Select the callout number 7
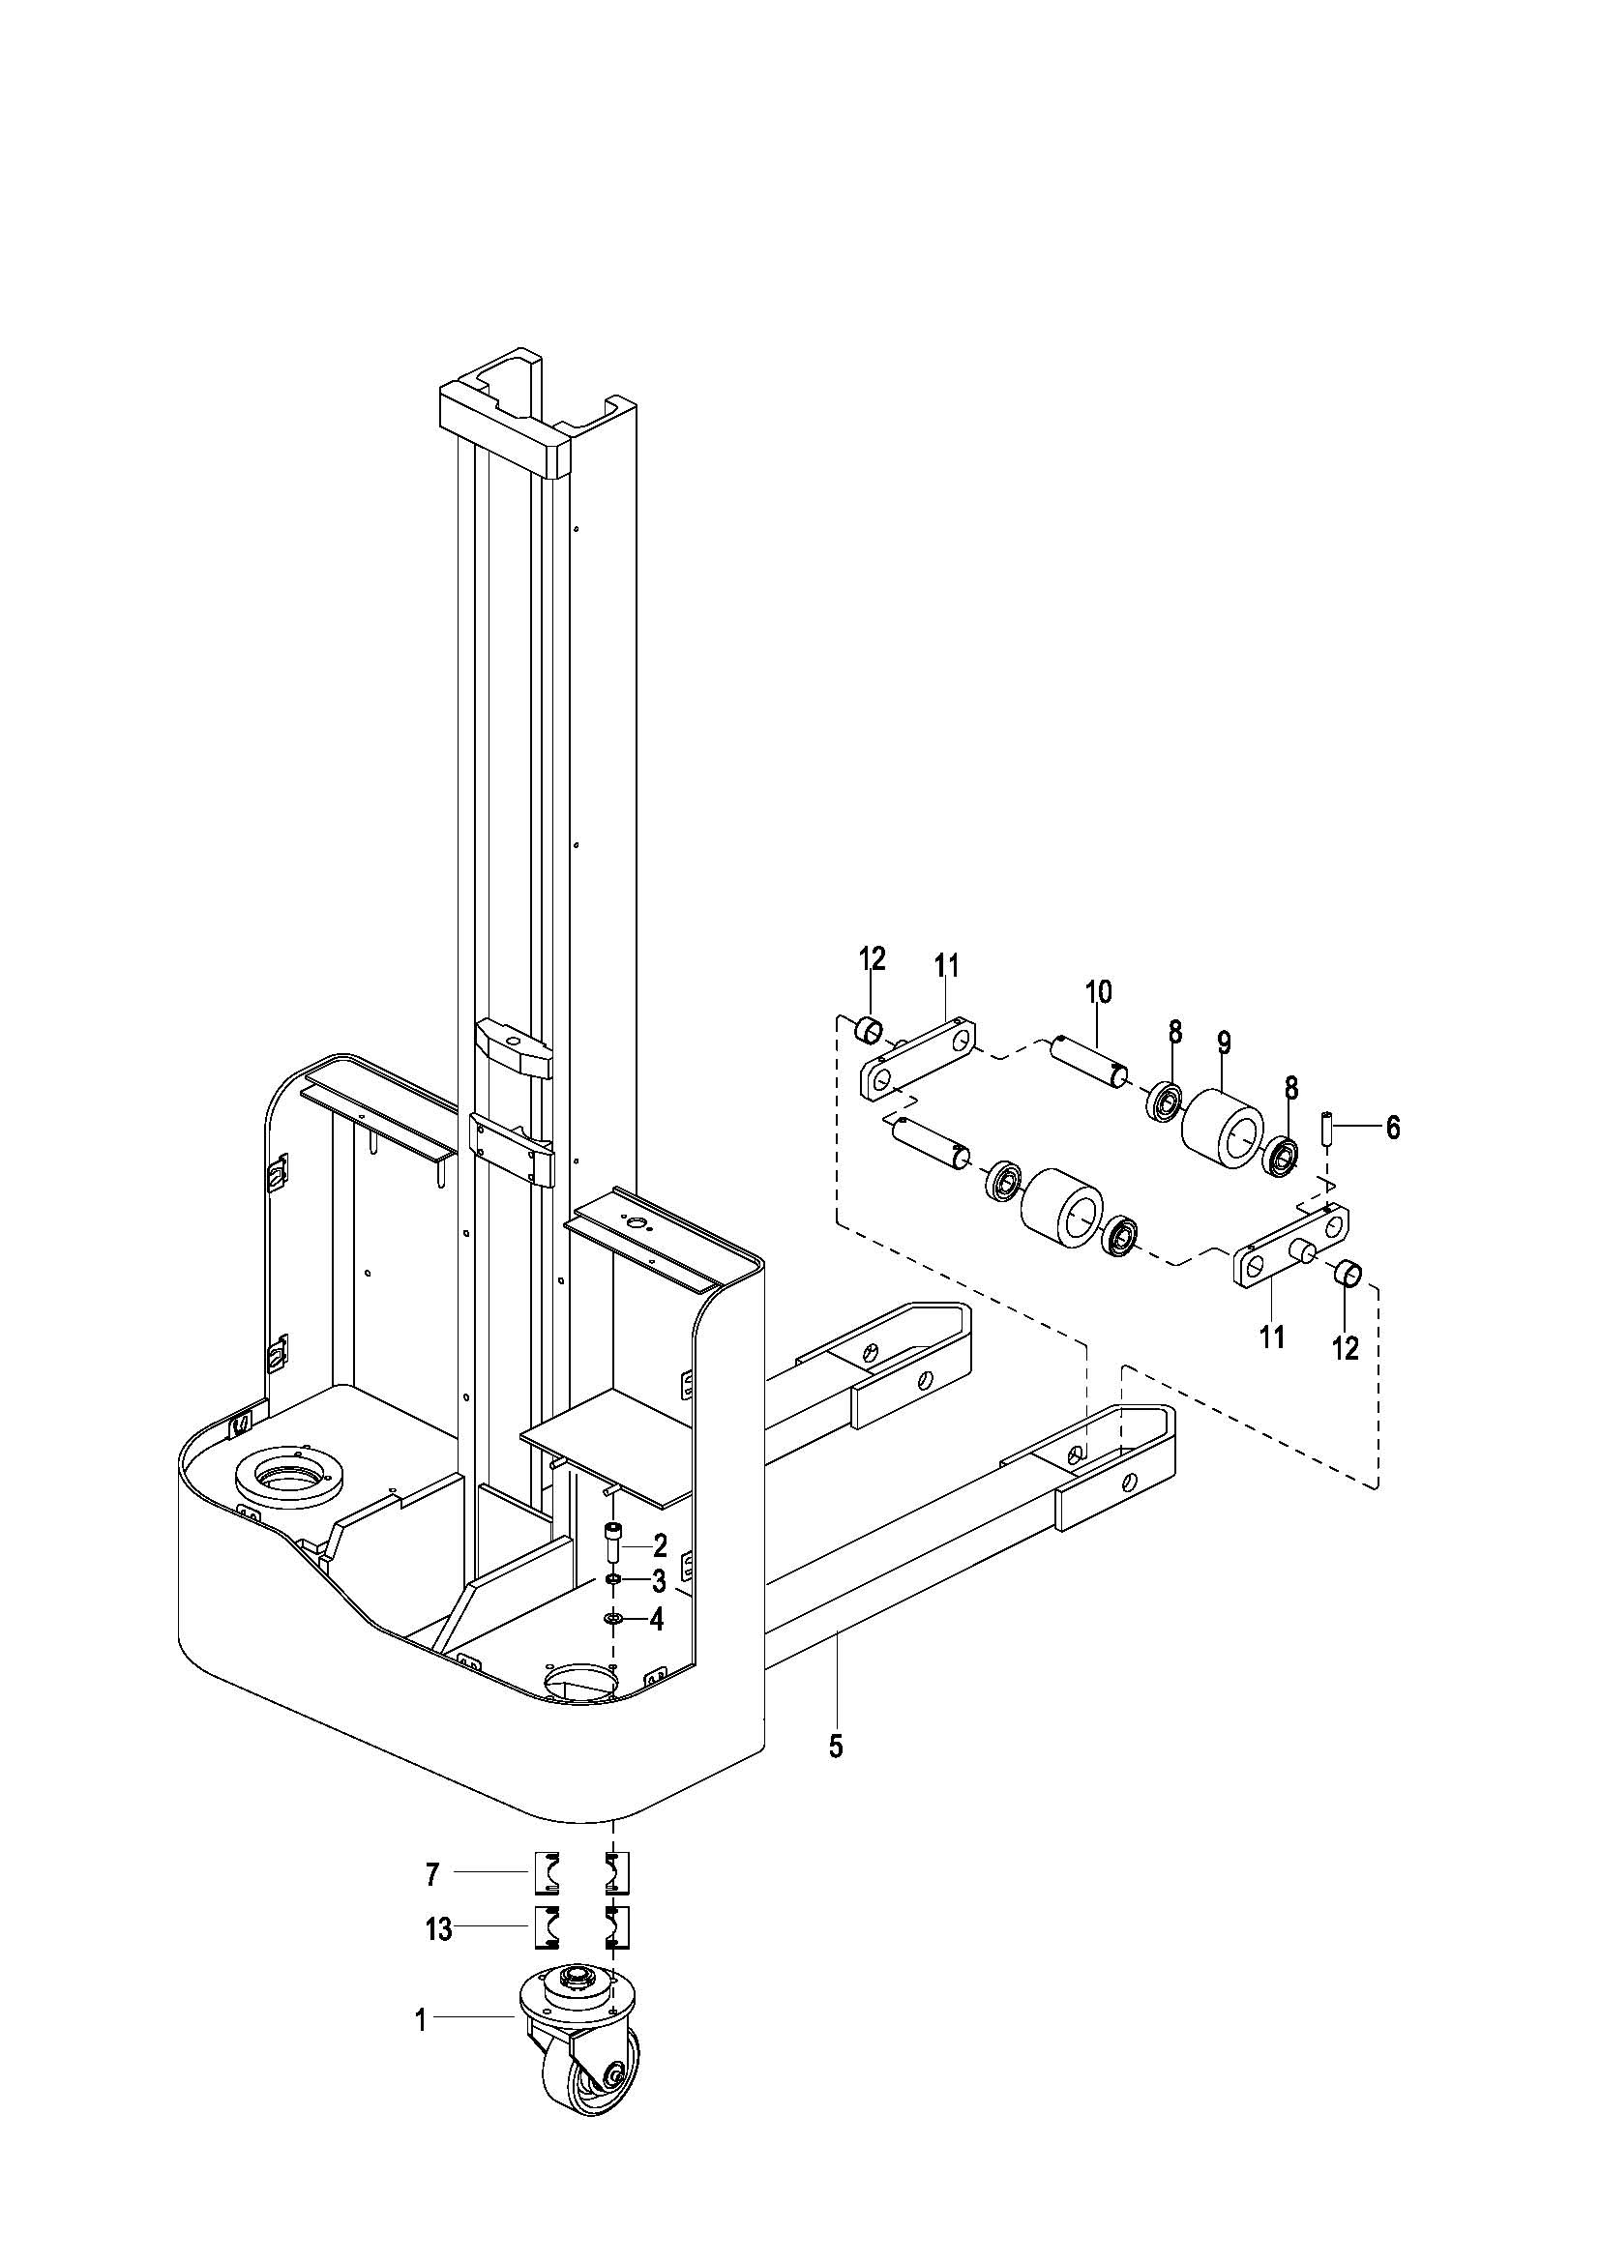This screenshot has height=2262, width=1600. pos(431,1876)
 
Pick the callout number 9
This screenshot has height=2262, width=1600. pos(1225,1043)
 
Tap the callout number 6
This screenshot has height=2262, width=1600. pos(1392,1128)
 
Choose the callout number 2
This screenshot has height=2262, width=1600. pos(660,1545)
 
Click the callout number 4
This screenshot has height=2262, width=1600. pos(657,1620)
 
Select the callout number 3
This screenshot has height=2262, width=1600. pos(659,1582)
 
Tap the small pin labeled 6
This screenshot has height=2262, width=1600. pos(1327,1127)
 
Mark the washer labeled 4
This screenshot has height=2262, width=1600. pos(612,1619)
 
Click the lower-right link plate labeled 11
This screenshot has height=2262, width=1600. pos(1291,1246)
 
